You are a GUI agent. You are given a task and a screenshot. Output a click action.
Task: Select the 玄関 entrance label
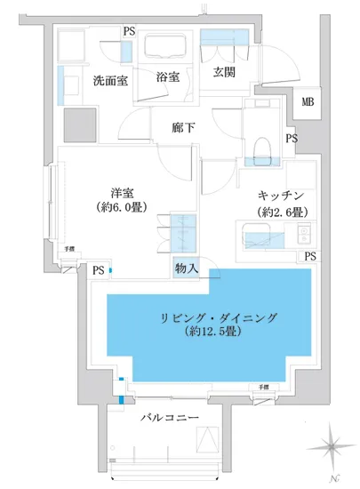point(223,72)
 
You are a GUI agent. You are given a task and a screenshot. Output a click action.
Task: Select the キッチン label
point(282,195)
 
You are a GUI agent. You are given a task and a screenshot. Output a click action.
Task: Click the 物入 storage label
point(186,267)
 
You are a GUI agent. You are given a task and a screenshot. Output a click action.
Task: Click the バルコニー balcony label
point(169,416)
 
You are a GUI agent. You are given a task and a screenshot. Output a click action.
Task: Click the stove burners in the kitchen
point(301,236)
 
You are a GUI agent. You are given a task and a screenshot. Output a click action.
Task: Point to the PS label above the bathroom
point(130,32)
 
